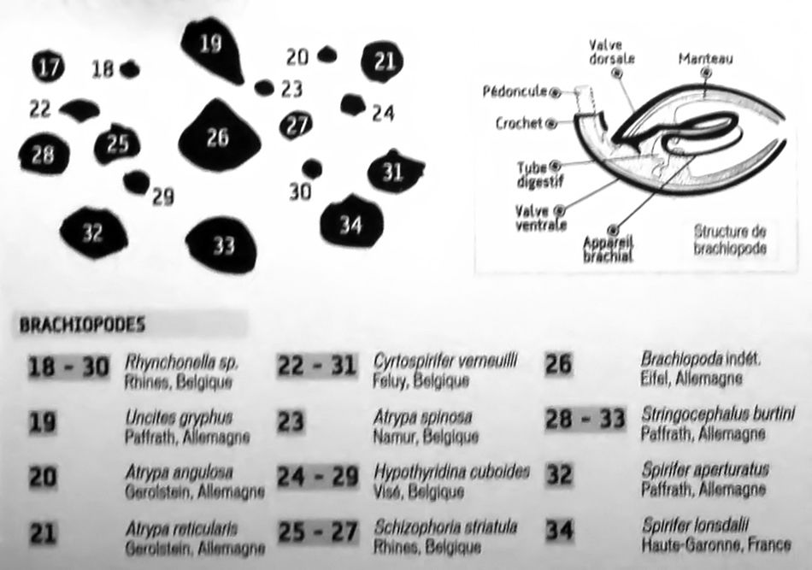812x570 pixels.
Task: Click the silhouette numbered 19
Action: point(211,49)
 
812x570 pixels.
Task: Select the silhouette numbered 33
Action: point(222,244)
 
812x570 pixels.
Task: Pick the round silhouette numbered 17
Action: point(48,67)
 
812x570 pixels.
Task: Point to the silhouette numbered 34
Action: point(350,224)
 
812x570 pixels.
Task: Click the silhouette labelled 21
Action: point(382,62)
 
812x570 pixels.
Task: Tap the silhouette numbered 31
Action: point(393,172)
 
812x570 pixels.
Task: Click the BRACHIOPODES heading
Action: point(82,325)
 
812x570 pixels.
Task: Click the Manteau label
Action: point(705,59)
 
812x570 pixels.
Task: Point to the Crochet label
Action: point(519,124)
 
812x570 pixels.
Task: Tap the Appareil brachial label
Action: point(607,249)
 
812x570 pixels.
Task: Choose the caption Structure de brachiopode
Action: point(730,239)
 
